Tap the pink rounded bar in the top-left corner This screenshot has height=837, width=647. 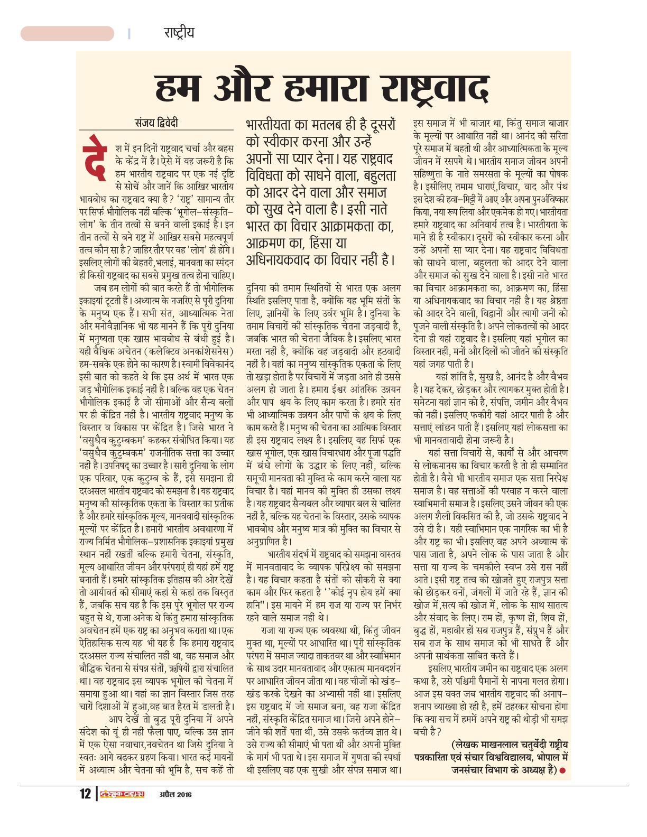click(x=67, y=33)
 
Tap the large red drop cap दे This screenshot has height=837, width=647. click(x=96, y=157)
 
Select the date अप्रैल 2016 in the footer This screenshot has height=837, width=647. click(x=174, y=795)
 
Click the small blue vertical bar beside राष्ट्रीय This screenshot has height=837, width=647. click(x=129, y=33)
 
